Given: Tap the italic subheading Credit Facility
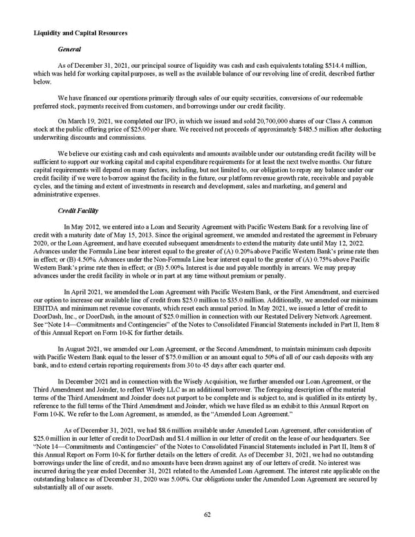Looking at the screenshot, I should (78, 206).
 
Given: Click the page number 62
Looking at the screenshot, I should (207, 513).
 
